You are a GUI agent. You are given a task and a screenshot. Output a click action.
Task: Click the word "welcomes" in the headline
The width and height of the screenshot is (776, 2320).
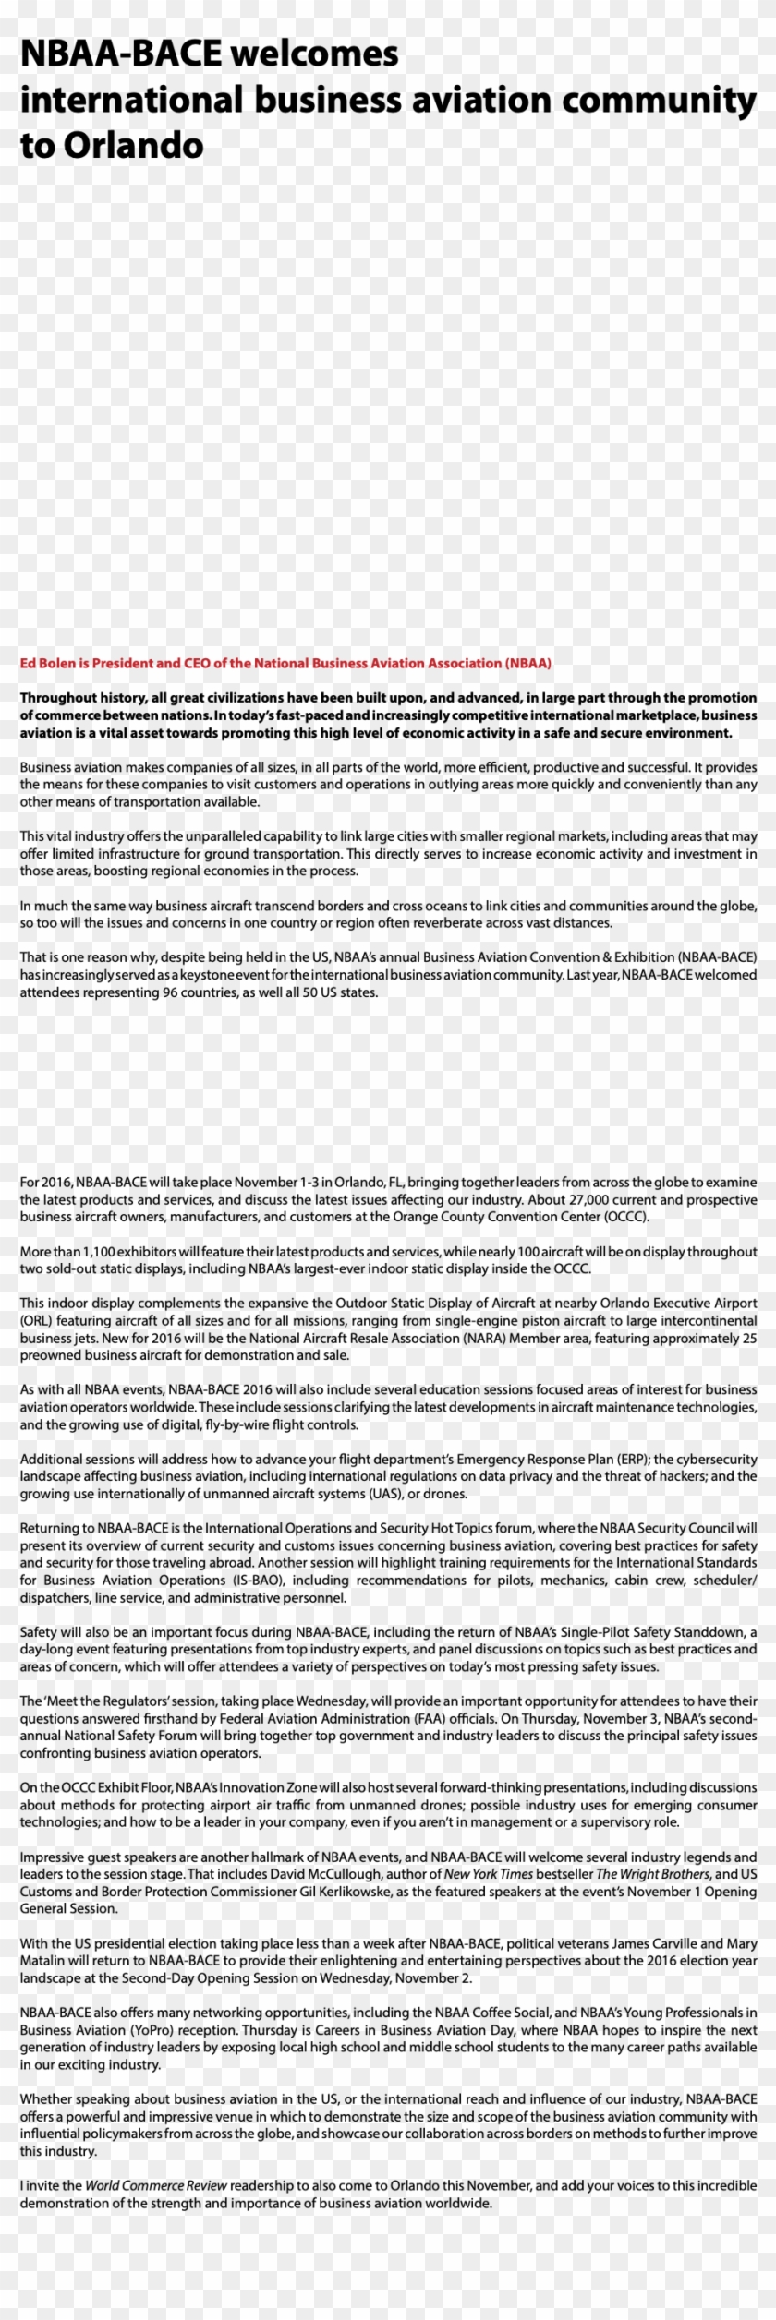click(x=314, y=54)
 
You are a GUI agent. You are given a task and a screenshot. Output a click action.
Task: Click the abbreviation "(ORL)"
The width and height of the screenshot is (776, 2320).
click(x=36, y=1321)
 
